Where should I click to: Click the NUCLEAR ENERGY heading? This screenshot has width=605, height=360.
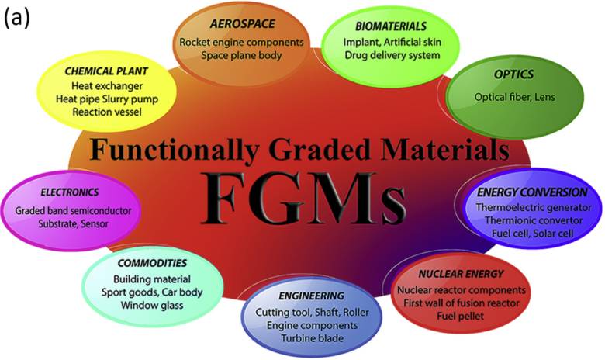tap(461, 274)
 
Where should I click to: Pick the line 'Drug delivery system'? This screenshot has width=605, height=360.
tap(391, 55)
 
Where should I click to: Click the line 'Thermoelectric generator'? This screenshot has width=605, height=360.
tap(534, 207)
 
